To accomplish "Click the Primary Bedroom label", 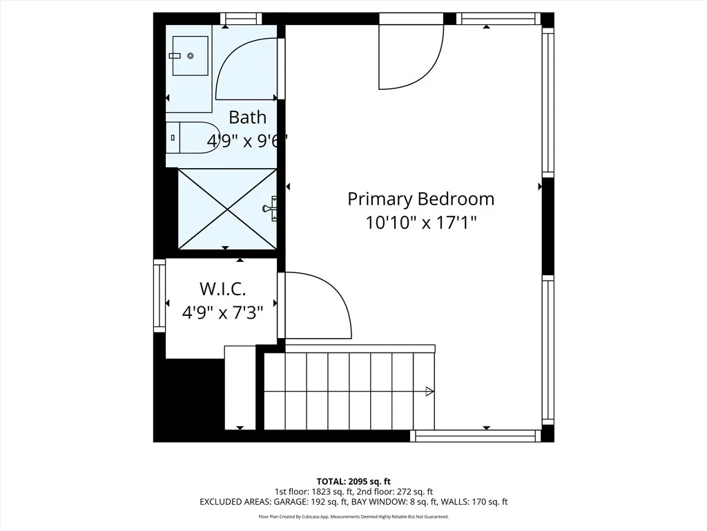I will click(420, 199).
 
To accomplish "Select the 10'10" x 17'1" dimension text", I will click(420, 223).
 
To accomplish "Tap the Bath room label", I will click(247, 117).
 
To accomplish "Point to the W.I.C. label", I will click(222, 288).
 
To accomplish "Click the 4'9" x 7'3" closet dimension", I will click(222, 313).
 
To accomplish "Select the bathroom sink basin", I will click(189, 56).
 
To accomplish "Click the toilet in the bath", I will click(193, 137).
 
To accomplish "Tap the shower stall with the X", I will click(227, 208).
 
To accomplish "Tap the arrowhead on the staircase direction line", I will click(429, 391).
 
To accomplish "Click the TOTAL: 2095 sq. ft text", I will click(353, 481).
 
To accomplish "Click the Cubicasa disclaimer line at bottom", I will click(353, 516).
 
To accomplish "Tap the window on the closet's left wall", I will click(159, 296).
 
